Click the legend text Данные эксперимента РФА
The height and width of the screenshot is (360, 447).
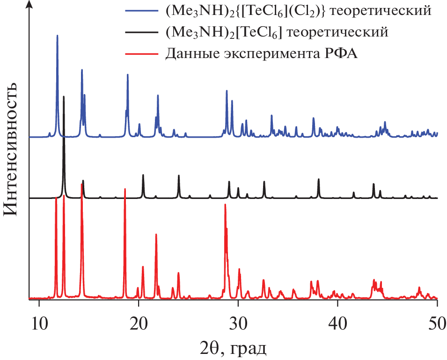pyautogui.click(x=261, y=55)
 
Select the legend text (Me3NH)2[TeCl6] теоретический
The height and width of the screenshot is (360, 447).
pyautogui.click(x=277, y=33)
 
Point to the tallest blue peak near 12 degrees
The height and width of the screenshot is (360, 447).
pyautogui.click(x=57, y=36)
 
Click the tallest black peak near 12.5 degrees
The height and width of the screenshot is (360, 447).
pyautogui.click(x=64, y=97)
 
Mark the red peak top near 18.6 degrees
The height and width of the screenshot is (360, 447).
pyautogui.click(x=125, y=189)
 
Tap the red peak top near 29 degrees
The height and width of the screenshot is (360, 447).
pyautogui.click(x=225, y=205)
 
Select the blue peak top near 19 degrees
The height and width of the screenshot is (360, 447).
pyautogui.click(x=127, y=75)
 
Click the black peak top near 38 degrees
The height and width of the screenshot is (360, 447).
pyautogui.click(x=319, y=179)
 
